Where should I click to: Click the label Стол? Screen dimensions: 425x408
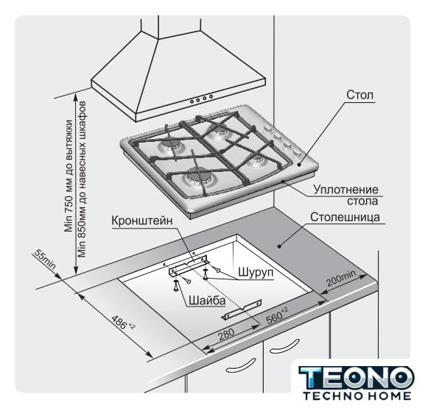(x=359, y=95)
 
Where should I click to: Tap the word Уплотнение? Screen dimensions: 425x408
(x=346, y=190)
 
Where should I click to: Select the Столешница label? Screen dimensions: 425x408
(x=345, y=218)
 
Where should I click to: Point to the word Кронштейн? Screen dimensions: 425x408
(x=142, y=221)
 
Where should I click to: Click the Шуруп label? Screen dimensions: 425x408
(x=256, y=272)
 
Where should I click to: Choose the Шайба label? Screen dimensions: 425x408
(x=207, y=301)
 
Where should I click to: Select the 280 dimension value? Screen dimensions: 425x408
(x=227, y=334)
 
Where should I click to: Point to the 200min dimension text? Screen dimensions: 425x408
(x=341, y=278)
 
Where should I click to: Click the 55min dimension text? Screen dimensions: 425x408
(x=45, y=260)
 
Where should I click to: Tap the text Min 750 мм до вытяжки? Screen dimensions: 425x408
(x=69, y=176)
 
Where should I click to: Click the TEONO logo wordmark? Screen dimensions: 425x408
(x=356, y=378)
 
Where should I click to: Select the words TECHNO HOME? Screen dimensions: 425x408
(x=357, y=396)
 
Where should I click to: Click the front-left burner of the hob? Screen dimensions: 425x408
(x=197, y=179)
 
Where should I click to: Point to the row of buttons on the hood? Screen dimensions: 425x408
(x=201, y=99)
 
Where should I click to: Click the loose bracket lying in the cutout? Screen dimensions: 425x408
(x=242, y=309)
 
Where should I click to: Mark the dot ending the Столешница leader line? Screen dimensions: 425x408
(x=279, y=246)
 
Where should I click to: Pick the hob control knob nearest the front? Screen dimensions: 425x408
(x=298, y=155)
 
